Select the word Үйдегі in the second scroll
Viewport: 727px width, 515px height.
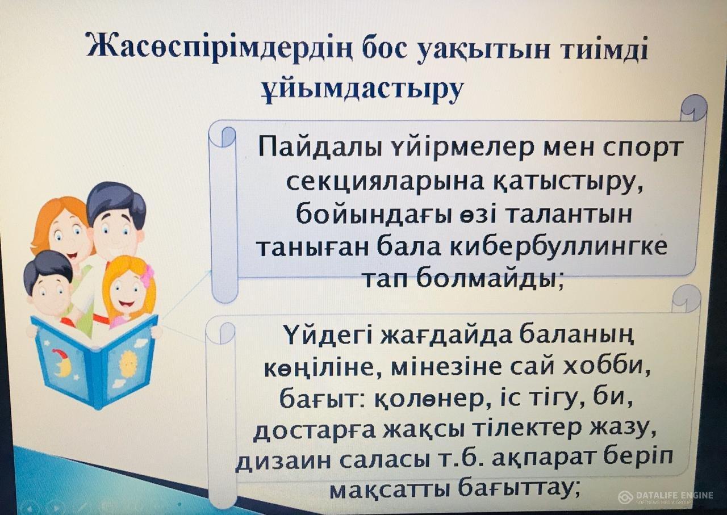(x=329, y=336)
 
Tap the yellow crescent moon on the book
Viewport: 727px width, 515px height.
(x=62, y=363)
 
